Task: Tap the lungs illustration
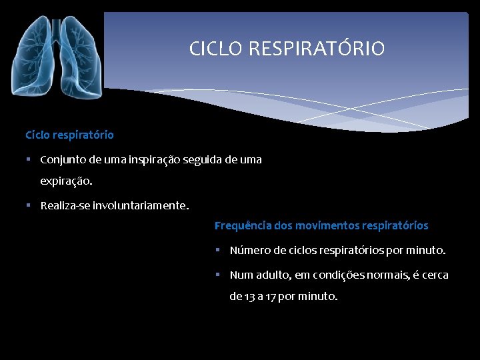57,57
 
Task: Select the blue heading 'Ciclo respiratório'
69,135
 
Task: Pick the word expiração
66,181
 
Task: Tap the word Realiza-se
65,206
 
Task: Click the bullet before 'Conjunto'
30,160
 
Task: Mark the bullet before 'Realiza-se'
30,206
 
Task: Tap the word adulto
275,275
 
